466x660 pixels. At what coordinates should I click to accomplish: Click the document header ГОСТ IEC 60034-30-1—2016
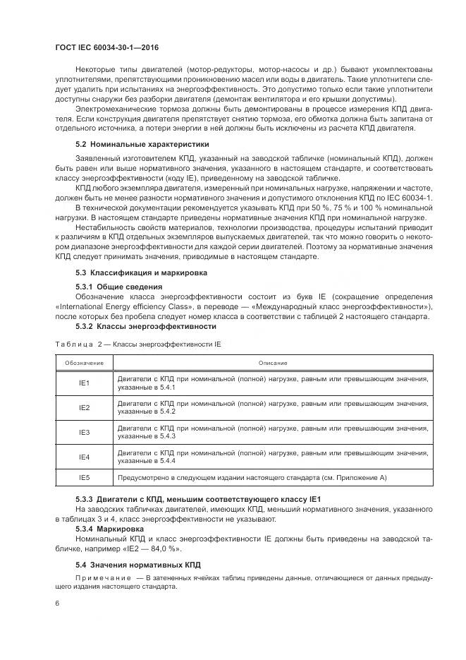pos(106,47)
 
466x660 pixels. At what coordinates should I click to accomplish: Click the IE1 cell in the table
pos(84,383)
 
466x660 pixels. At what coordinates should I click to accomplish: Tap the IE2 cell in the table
pos(84,407)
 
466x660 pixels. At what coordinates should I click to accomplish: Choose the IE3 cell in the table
pos(84,432)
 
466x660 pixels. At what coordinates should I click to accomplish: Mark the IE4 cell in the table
pos(84,457)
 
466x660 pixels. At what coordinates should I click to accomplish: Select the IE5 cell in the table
pos(84,478)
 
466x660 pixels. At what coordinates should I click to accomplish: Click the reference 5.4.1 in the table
pos(166,388)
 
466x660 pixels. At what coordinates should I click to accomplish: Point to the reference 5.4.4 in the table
pos(166,461)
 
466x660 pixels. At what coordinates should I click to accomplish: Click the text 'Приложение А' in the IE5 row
pos(360,478)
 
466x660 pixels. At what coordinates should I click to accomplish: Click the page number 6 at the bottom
pos(57,604)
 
